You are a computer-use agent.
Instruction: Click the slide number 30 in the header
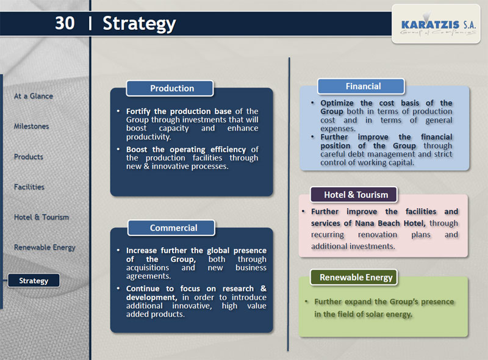[65, 23]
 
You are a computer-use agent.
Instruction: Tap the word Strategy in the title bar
[139, 24]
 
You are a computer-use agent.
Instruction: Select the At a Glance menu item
[34, 96]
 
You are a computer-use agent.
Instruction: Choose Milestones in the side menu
[32, 126]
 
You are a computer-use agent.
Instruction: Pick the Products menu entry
[29, 157]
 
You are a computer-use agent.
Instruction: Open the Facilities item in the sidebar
[29, 187]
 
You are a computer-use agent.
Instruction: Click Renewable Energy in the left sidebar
[45, 248]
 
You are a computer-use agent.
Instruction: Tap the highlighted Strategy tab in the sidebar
[34, 281]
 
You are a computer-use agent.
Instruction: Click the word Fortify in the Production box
[137, 112]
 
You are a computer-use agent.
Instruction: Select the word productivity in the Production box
[148, 137]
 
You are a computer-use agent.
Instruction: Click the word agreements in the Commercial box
[148, 276]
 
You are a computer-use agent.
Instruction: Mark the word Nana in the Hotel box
[364, 223]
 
